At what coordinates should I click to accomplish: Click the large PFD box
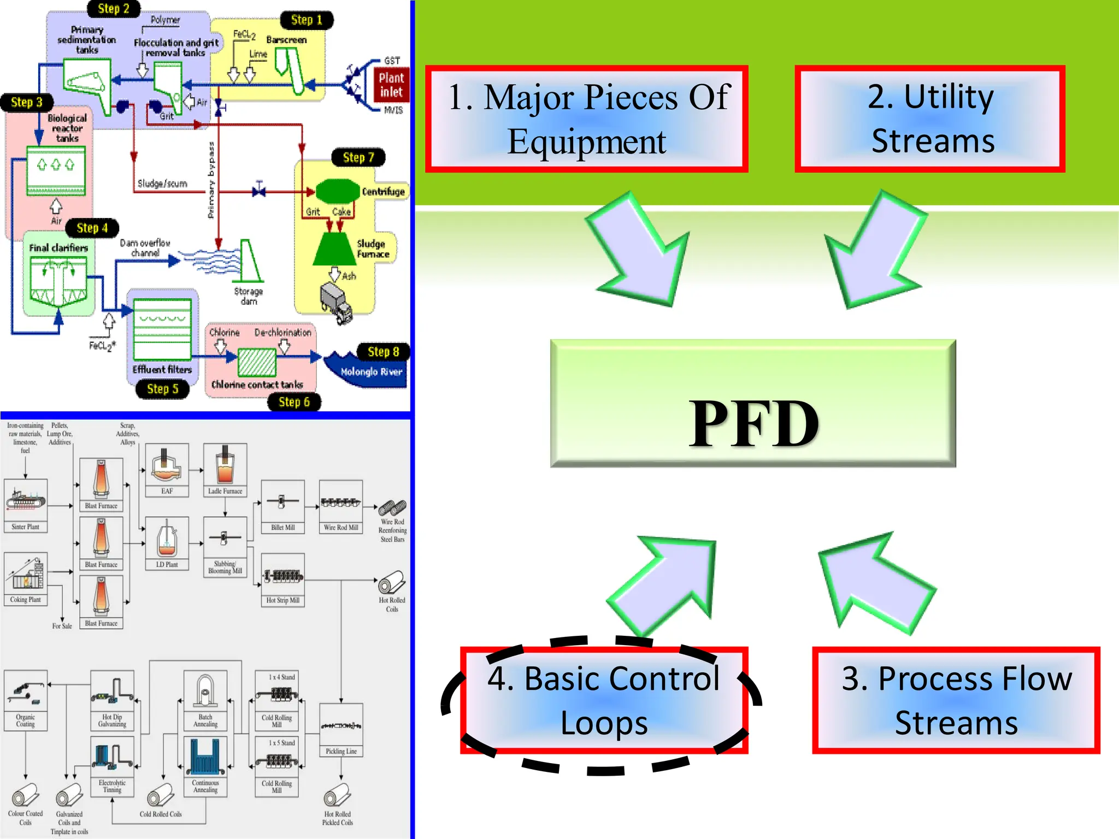(753, 403)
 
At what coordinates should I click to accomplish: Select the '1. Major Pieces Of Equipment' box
(587, 119)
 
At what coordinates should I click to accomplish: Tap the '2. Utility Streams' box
(930, 119)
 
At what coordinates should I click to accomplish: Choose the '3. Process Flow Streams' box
(956, 701)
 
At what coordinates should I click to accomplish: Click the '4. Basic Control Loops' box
(604, 701)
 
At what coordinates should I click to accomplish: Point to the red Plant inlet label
(391, 85)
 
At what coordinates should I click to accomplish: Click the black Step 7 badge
(358, 158)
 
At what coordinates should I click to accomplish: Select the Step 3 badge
(27, 102)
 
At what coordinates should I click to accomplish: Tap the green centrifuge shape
(337, 192)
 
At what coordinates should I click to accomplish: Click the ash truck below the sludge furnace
(336, 303)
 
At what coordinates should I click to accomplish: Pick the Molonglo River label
(371, 372)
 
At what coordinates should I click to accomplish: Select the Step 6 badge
(294, 402)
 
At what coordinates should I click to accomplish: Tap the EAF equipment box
(167, 469)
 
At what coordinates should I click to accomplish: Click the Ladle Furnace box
(225, 469)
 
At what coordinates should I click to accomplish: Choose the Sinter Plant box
(26, 505)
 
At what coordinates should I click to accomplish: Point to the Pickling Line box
(341, 730)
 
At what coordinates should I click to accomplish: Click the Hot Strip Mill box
(282, 580)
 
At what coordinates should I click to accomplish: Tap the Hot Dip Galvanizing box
(112, 700)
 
